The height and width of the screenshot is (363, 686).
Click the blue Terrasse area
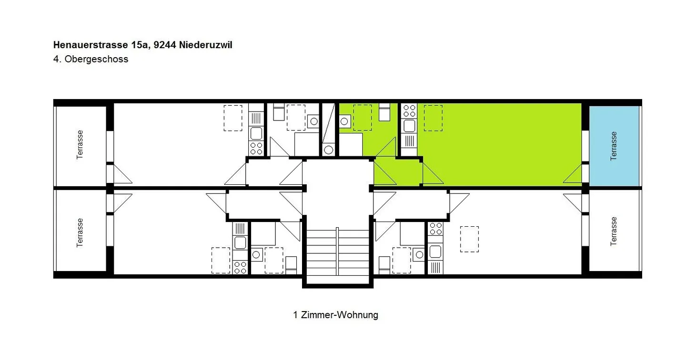pos(614,146)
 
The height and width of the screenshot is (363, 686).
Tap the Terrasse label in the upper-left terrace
pos(80,145)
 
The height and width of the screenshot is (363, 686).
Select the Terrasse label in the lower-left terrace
pos(80,232)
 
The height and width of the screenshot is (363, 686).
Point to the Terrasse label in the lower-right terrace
pos(614,232)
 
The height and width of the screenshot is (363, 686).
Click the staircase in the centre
pos(337,252)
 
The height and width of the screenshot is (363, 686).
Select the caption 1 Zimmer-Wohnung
pos(335,315)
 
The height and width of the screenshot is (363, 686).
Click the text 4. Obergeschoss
pos(91,60)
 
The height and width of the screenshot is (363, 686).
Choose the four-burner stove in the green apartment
pos(409,111)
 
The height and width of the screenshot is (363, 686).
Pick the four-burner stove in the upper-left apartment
pos(256,148)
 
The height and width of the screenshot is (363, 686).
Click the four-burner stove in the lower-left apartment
pos(240,267)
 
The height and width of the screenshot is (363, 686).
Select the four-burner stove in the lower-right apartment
pos(435,229)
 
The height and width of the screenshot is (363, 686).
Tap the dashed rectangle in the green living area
pos(433,118)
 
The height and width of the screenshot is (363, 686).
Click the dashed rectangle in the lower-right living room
pos(469,239)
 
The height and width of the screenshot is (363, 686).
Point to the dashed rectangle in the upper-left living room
pos(233,118)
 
